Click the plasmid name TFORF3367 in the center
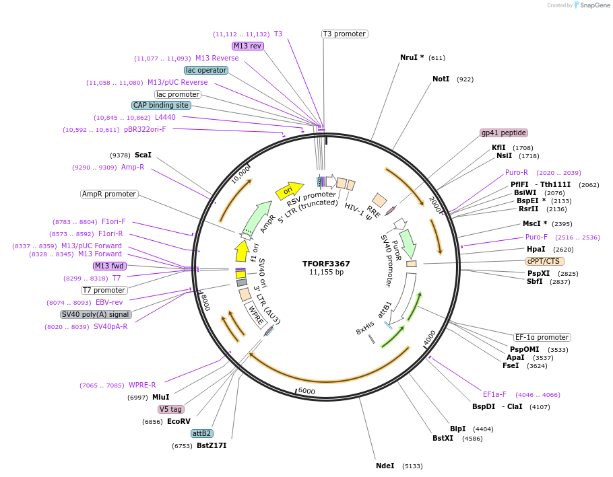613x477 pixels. click(326, 264)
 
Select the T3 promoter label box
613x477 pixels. click(344, 34)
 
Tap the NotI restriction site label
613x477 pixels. click(441, 79)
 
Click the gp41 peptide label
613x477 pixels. click(504, 133)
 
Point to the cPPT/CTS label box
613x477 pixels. click(545, 261)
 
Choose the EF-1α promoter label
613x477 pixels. click(542, 337)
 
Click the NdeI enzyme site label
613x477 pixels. click(385, 466)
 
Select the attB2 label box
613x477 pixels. click(202, 433)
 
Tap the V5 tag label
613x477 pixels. click(170, 409)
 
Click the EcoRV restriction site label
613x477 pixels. click(179, 421)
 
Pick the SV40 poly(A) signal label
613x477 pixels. click(96, 314)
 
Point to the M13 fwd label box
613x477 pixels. click(110, 266)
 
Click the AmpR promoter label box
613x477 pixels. click(109, 194)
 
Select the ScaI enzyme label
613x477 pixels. click(143, 155)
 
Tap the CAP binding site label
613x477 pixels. click(161, 105)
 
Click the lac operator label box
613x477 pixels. click(206, 70)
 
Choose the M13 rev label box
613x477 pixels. click(247, 46)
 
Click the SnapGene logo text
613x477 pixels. click(595, 5)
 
